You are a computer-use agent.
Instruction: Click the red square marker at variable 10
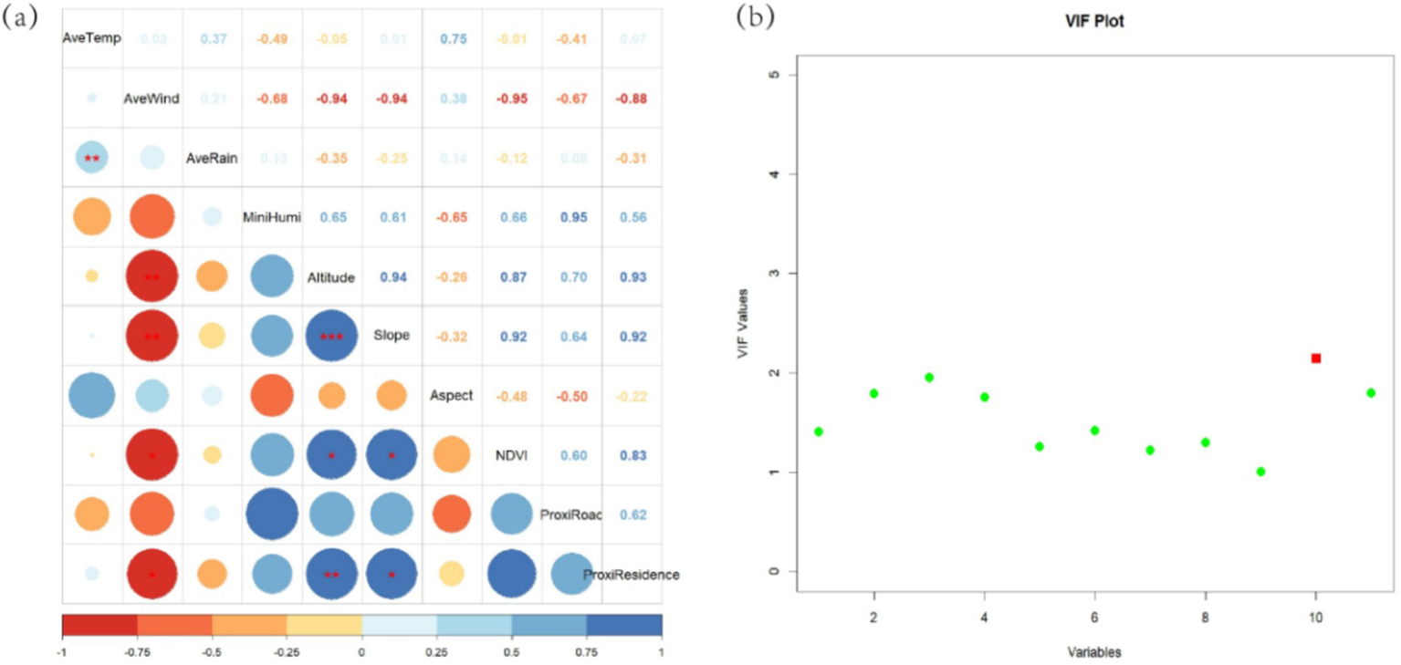(1315, 358)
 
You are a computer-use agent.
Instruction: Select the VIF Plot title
(1095, 20)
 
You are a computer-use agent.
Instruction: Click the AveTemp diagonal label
(91, 38)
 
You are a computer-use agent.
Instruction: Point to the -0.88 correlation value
(632, 98)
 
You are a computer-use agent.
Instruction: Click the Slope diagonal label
(392, 336)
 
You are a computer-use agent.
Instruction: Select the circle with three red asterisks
(331, 336)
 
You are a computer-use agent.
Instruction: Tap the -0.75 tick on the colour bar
(137, 653)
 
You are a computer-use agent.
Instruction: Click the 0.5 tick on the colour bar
(512, 653)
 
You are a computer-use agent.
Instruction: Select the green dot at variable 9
(1260, 472)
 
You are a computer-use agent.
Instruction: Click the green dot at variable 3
(929, 377)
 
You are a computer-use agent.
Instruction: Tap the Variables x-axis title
(1095, 653)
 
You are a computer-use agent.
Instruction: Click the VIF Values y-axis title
(743, 323)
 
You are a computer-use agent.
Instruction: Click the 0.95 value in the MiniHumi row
(571, 217)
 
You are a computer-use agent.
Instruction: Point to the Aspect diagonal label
(452, 396)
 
